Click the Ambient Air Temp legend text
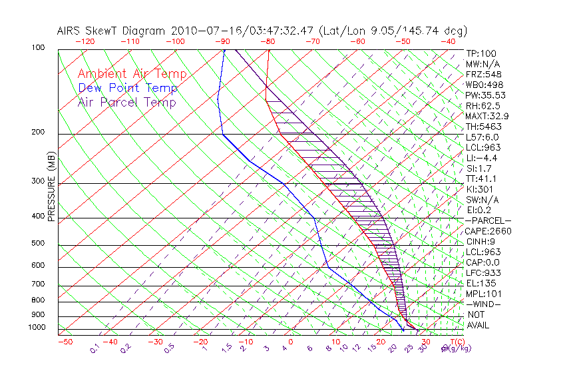point(132,74)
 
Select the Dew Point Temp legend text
point(128,88)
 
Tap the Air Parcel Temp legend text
point(126,102)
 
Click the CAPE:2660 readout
point(488,231)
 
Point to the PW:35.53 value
point(487,95)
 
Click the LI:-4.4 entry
point(482,158)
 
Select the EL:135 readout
point(481,283)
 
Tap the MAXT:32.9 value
point(489,116)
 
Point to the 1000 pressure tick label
point(37,328)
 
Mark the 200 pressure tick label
point(39,132)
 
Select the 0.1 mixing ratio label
point(95,348)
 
